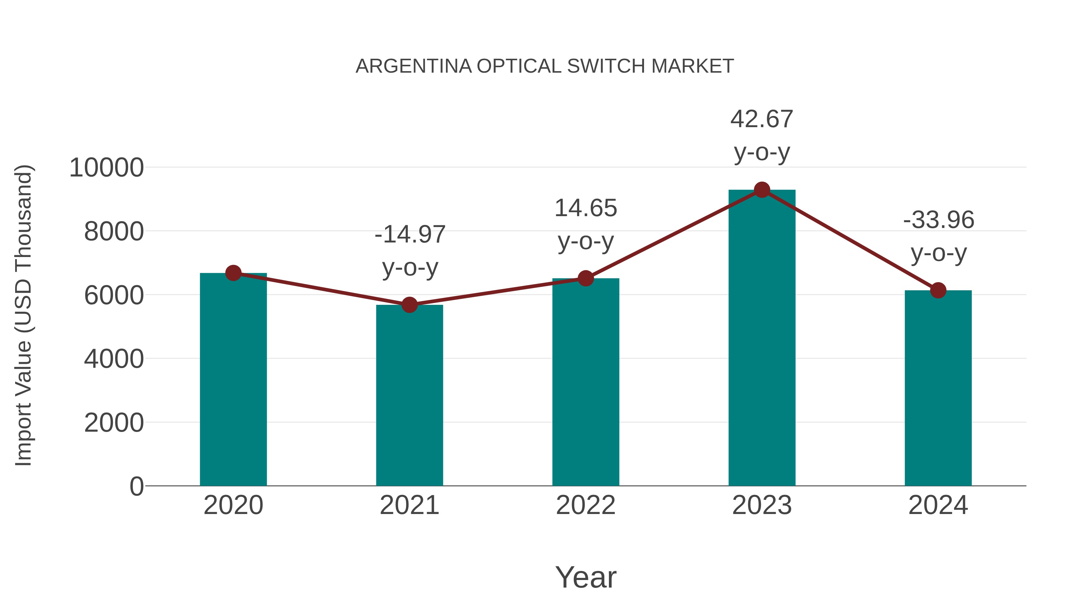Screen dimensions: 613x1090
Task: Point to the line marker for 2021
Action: [409, 305]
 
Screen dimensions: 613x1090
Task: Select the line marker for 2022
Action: [586, 278]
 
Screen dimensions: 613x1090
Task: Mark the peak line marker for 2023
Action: [762, 190]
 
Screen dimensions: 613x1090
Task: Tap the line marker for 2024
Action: [938, 290]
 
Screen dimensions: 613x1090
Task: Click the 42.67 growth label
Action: [762, 119]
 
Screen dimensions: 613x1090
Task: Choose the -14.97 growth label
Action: [410, 234]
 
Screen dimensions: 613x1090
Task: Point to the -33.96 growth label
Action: [939, 220]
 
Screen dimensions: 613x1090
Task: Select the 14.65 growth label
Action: [586, 208]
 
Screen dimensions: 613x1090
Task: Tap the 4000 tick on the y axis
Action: [114, 359]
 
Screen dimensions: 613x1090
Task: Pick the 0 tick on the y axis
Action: [137, 486]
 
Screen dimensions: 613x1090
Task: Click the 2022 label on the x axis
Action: [586, 505]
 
